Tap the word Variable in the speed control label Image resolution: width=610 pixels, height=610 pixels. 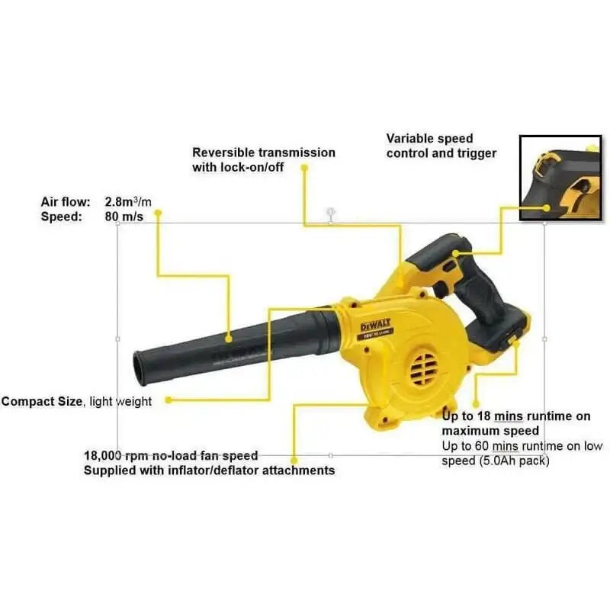tap(411, 139)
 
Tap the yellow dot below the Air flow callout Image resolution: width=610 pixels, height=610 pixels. tap(158, 214)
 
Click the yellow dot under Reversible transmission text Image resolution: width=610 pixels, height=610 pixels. tap(303, 167)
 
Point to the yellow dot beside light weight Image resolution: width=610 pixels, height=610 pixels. tap(168, 400)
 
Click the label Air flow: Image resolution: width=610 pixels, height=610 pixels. tap(66, 202)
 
